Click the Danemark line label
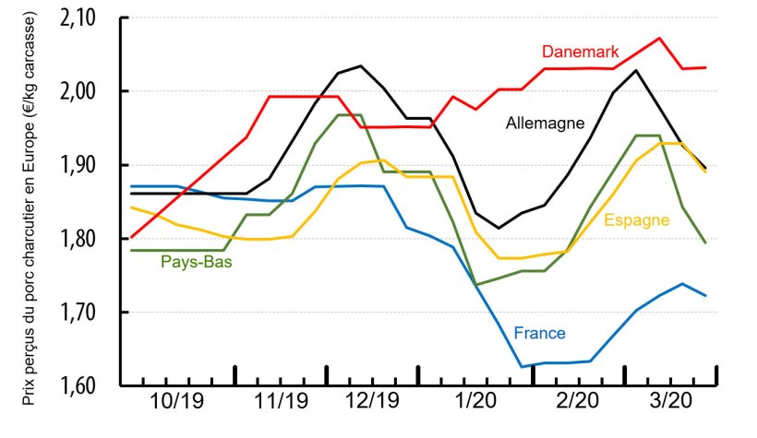(581, 51)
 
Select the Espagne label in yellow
(635, 219)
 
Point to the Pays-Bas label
(197, 262)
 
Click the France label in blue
(539, 333)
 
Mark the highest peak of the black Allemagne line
(360, 65)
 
